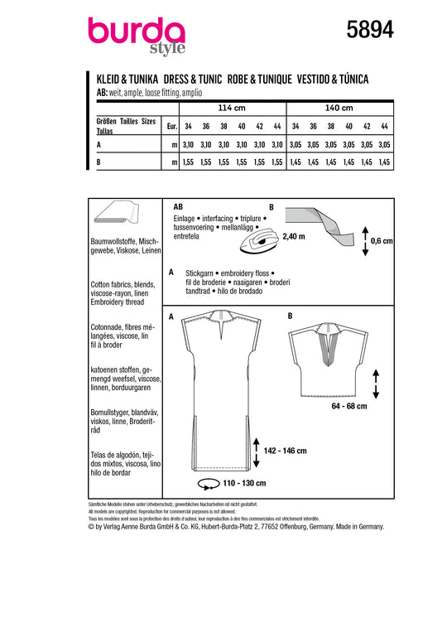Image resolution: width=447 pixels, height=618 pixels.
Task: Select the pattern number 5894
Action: [370, 30]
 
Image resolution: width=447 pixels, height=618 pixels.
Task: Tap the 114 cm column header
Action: [232, 108]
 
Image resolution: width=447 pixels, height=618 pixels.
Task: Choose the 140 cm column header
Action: [339, 108]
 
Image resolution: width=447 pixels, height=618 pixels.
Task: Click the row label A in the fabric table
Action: [99, 145]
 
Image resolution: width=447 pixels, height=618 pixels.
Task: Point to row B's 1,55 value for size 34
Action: [188, 162]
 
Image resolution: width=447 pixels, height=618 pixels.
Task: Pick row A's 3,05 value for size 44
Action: [384, 145]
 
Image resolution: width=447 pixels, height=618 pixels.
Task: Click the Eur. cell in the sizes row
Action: [172, 126]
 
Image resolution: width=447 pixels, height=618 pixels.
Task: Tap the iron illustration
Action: [259, 240]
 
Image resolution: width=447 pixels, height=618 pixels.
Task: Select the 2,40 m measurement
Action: [294, 236]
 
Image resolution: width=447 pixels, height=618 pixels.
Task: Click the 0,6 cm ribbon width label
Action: [382, 241]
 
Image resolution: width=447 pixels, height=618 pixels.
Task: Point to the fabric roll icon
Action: [117, 213]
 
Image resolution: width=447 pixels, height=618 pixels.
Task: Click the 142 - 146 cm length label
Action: [285, 451]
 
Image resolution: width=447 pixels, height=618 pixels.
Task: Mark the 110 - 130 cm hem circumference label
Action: [244, 483]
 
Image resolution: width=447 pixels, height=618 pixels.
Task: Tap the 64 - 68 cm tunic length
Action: [349, 406]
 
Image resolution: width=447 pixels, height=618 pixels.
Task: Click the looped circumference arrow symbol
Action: [209, 484]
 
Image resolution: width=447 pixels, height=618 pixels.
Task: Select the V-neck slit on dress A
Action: [220, 331]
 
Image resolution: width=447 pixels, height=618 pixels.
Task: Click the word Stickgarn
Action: [199, 273]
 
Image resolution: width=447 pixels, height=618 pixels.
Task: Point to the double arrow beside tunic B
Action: [376, 384]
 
